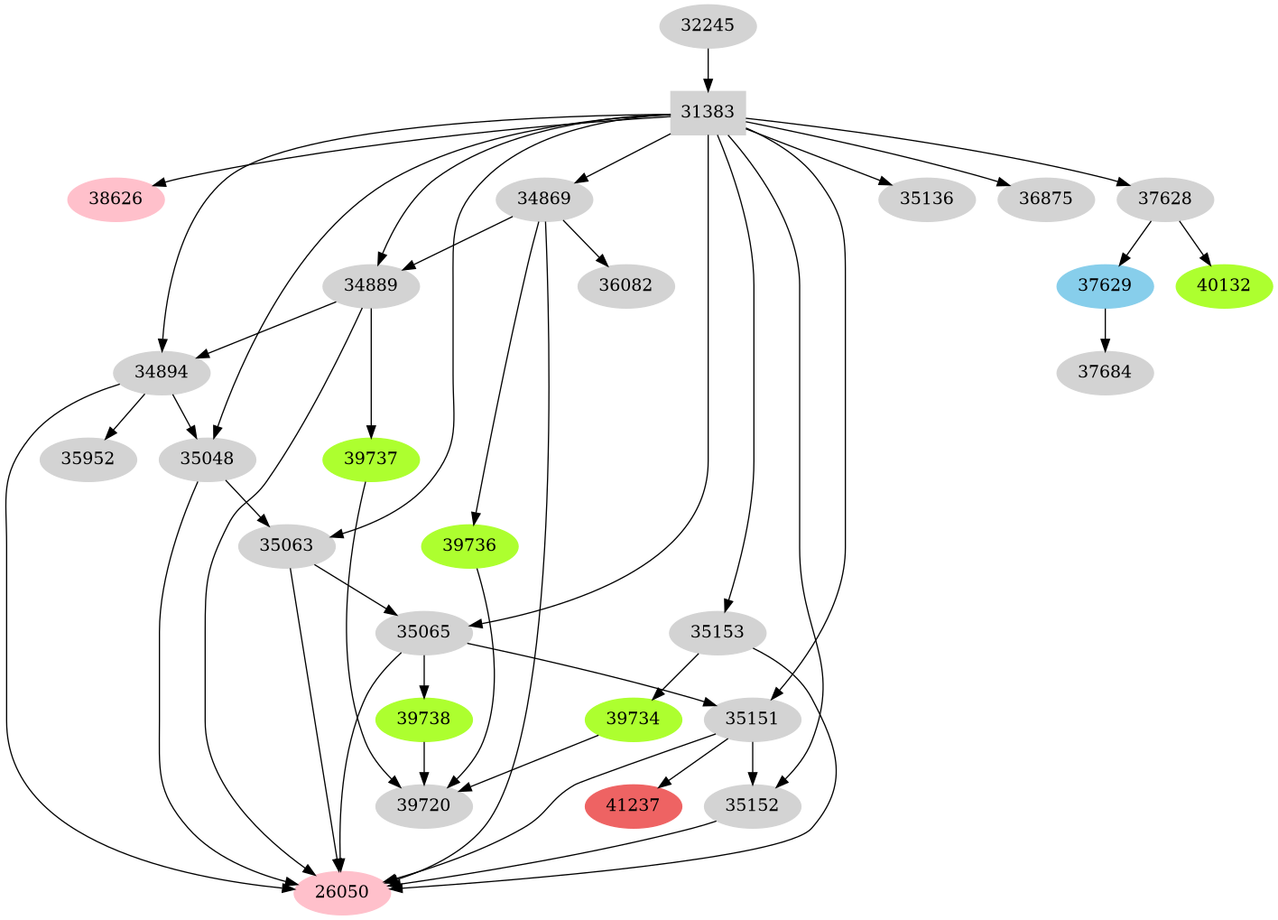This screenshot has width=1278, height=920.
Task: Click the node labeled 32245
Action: (x=708, y=25)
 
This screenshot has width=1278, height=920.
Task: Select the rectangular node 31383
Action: (x=708, y=112)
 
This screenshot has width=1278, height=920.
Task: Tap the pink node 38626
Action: (x=116, y=199)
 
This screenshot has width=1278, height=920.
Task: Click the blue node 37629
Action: (x=1105, y=285)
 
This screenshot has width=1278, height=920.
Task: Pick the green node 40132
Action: (x=1224, y=285)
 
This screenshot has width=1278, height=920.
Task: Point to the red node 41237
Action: (x=633, y=805)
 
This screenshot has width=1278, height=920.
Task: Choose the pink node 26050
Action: (x=342, y=892)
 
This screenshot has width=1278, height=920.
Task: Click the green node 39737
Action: (x=371, y=459)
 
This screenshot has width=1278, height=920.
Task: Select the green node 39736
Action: (x=469, y=545)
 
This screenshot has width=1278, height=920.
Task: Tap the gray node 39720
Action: (x=424, y=805)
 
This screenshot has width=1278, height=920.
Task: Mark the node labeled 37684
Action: (x=1105, y=372)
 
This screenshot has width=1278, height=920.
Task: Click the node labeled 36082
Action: (x=625, y=285)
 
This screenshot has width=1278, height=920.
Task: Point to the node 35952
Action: (x=88, y=459)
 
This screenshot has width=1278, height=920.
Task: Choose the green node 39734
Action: (x=633, y=719)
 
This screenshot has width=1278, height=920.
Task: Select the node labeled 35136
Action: (x=926, y=199)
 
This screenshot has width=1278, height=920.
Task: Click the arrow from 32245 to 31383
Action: (x=708, y=69)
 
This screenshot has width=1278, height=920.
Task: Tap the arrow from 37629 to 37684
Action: (x=1105, y=329)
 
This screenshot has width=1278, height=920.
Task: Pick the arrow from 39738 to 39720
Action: (x=424, y=762)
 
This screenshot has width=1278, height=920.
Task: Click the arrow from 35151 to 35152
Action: (x=753, y=762)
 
